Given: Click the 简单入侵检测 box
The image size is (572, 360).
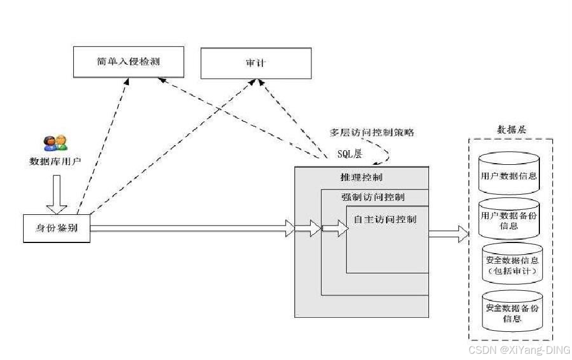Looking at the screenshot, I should click(128, 61).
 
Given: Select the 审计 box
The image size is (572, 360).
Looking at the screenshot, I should click(256, 63).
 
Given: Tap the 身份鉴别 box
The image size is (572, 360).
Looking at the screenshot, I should click(56, 228).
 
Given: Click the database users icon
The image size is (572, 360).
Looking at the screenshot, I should click(55, 143).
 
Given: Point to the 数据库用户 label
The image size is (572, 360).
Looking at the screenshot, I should click(55, 161).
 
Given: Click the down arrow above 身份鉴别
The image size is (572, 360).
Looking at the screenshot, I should click(56, 195).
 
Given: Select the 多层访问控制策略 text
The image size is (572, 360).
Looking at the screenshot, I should click(372, 133).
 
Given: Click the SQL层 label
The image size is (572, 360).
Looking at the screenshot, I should click(350, 152).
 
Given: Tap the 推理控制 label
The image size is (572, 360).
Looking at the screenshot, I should click(361, 178).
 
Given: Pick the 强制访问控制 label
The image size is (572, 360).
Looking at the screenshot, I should click(372, 197).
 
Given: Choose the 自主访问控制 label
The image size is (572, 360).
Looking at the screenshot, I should click(385, 219).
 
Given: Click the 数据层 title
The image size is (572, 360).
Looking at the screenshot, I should click(512, 130).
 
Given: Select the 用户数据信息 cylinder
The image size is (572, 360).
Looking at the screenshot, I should click(508, 175).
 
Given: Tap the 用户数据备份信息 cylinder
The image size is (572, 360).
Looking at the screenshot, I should click(508, 220).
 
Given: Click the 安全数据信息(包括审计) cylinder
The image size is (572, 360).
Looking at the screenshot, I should click(512, 265).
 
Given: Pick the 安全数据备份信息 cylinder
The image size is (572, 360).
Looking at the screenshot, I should click(512, 313).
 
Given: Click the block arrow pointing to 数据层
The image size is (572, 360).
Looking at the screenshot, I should click(449, 233).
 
